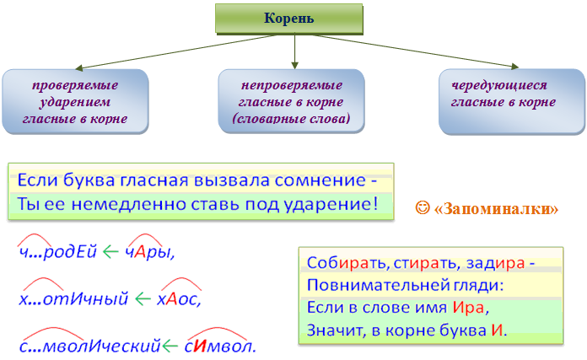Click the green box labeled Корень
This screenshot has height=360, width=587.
click(x=289, y=19)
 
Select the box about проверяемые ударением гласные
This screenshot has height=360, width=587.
click(x=75, y=101)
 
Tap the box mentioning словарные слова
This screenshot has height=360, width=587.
click(x=291, y=101)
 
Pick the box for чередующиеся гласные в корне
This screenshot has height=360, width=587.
click(x=512, y=101)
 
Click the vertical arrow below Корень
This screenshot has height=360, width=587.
click(x=294, y=51)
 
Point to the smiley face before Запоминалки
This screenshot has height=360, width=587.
click(x=423, y=207)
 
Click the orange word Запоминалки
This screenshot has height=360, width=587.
click(x=497, y=209)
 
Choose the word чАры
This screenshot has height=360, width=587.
click(x=150, y=252)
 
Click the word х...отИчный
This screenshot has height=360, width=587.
click(x=73, y=299)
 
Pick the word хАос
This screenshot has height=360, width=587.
click(x=179, y=299)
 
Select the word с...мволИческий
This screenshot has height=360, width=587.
click(x=90, y=346)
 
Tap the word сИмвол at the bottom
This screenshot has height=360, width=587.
click(x=220, y=347)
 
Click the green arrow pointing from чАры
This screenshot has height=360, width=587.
click(x=110, y=252)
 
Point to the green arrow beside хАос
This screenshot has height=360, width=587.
click(x=143, y=299)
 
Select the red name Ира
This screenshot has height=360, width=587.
click(x=468, y=308)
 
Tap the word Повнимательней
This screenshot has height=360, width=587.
click(x=378, y=286)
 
